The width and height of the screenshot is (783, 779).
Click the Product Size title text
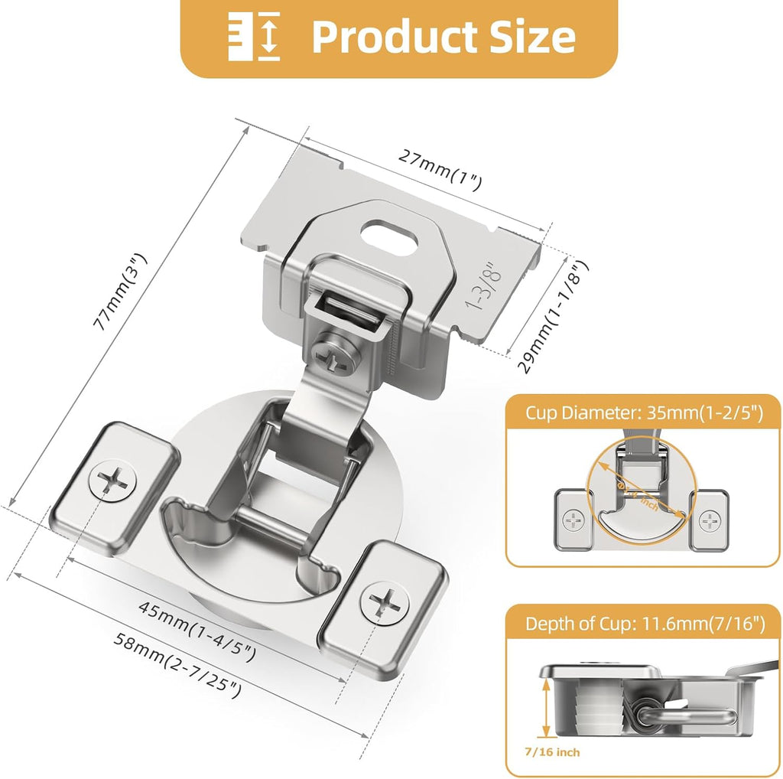coord(443,36)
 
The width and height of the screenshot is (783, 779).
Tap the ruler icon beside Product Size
coord(255,37)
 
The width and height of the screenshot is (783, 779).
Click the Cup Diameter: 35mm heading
coord(644,413)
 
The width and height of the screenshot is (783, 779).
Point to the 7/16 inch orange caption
coord(557,752)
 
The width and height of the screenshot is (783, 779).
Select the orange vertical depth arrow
coord(545,709)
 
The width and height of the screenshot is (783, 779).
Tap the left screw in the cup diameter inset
coord(573,520)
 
